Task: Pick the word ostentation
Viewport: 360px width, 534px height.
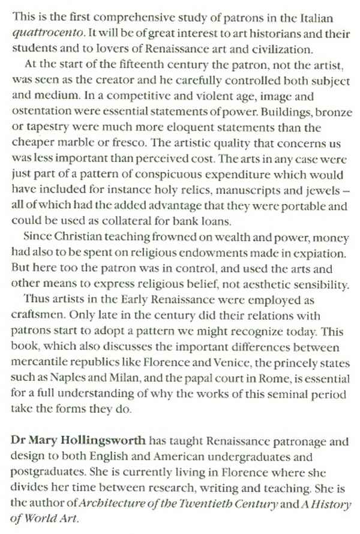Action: coord(39,112)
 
